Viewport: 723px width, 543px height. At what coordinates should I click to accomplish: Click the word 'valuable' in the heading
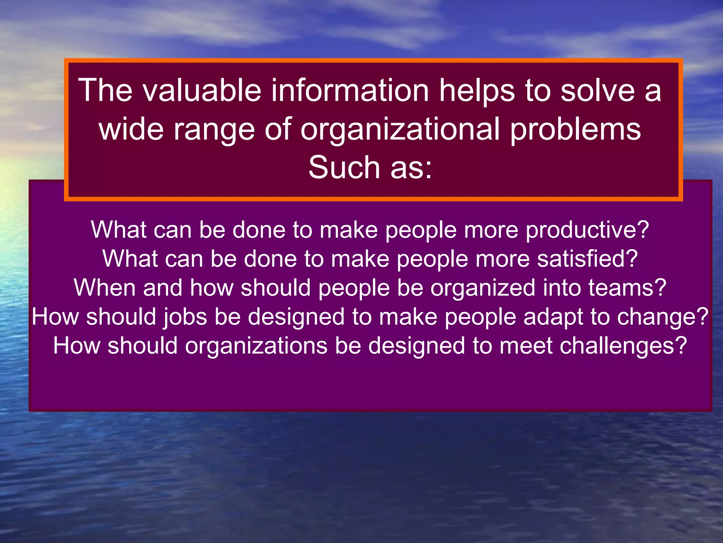(x=202, y=90)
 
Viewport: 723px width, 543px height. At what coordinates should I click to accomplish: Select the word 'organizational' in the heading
(x=400, y=129)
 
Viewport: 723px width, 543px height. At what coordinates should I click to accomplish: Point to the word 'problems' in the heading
(x=575, y=129)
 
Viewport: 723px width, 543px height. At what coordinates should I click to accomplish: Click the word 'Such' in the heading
(x=344, y=168)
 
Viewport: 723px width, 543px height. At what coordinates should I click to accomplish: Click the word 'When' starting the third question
(x=104, y=288)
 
